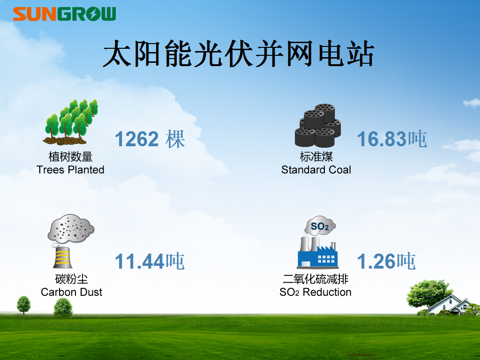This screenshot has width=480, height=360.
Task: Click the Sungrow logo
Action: click(x=64, y=14)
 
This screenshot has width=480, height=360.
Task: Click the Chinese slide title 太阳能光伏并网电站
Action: click(x=239, y=54)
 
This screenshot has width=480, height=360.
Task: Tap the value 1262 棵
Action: click(x=150, y=139)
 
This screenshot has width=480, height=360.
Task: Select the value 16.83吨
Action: click(x=392, y=139)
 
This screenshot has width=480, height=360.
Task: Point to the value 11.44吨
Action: click(x=150, y=261)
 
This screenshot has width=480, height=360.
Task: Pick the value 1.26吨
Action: click(x=386, y=261)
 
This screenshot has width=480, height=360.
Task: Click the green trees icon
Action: click(x=70, y=122)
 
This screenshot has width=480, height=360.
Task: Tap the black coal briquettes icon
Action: click(x=318, y=125)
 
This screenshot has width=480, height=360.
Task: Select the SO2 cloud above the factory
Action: click(x=320, y=225)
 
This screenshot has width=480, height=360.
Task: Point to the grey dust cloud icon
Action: click(x=71, y=228)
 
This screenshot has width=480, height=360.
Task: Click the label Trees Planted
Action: click(x=70, y=170)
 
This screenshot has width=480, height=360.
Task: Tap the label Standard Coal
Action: click(x=316, y=170)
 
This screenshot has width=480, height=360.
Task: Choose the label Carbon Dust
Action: click(x=71, y=292)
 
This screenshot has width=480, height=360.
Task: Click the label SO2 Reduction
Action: click(x=315, y=292)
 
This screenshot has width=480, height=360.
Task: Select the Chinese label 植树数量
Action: click(x=70, y=157)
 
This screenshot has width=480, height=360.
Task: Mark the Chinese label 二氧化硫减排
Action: click(x=315, y=279)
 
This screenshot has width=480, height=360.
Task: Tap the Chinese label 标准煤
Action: click(x=316, y=157)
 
